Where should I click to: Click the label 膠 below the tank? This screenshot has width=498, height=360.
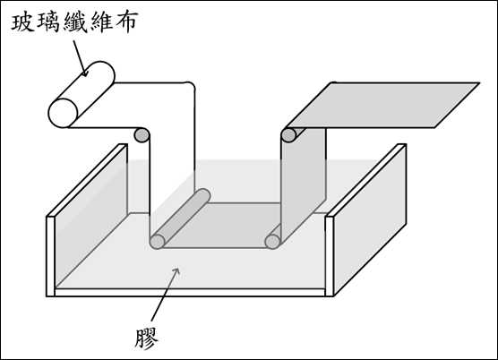pos(146,339)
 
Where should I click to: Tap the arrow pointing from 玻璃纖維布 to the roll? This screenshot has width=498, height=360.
pos(80,58)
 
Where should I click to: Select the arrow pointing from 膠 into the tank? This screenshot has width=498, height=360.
pos(166,294)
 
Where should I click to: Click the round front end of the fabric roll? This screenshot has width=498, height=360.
pos(64,113)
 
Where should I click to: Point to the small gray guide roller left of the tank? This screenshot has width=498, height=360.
pos(142,135)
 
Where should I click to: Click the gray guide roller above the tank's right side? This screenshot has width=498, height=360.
pos(289,135)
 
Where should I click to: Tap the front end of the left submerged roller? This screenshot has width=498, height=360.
pos(157,242)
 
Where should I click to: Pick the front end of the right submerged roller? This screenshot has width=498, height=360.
pos(272,242)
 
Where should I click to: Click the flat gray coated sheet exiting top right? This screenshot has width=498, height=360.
pos(382,105)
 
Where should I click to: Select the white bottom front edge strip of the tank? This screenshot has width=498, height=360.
pos(190,293)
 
